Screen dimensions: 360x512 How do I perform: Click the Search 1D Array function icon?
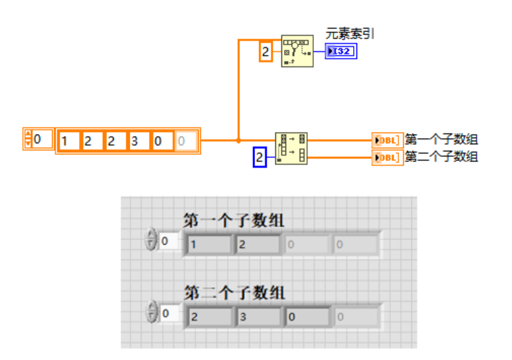298,51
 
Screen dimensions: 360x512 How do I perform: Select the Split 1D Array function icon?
292,149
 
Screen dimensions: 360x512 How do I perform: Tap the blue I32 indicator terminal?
341,51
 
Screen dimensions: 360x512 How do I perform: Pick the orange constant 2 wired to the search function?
266,51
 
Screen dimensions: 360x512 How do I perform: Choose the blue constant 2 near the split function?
260,158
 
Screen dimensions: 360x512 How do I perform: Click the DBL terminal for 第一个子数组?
387,140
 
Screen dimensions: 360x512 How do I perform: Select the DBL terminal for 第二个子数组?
387,158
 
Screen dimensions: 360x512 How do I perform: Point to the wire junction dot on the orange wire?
238,141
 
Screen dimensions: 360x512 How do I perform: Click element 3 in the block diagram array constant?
139,141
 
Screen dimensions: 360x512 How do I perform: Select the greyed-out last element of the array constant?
186,141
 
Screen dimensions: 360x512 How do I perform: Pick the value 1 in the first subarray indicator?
208,244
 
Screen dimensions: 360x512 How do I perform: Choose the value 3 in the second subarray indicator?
258,316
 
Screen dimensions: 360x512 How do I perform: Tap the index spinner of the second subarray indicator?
151,314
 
